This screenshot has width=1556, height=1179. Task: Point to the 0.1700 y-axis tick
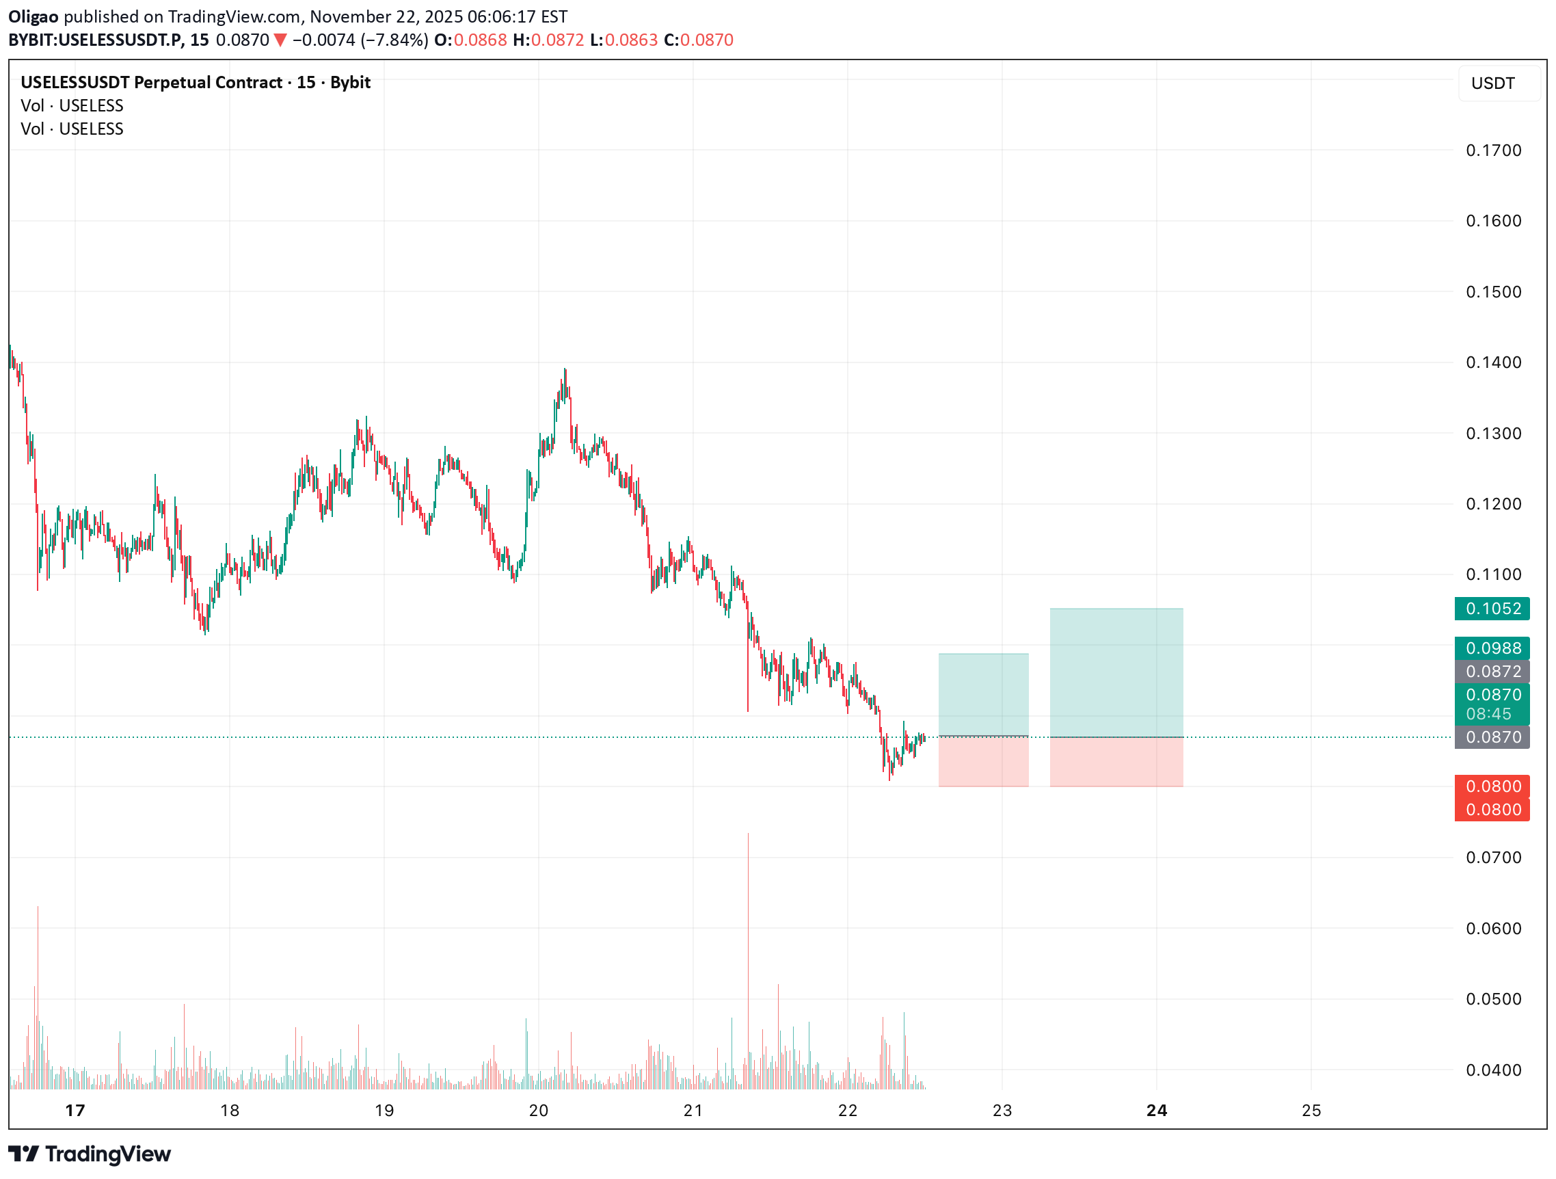pyautogui.click(x=1492, y=150)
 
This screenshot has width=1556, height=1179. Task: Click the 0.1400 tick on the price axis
pyautogui.click(x=1492, y=362)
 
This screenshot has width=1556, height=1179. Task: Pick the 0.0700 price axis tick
pyautogui.click(x=1492, y=858)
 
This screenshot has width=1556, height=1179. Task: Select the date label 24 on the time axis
pyautogui.click(x=1157, y=1110)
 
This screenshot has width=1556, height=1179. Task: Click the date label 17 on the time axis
pyautogui.click(x=75, y=1110)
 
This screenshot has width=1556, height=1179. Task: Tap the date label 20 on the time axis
pyautogui.click(x=538, y=1110)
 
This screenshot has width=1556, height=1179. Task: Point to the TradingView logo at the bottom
pyautogui.click(x=90, y=1154)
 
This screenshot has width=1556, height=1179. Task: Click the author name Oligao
pyautogui.click(x=33, y=16)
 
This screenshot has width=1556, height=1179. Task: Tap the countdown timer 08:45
pyautogui.click(x=1488, y=714)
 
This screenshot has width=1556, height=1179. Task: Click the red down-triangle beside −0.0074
pyautogui.click(x=280, y=40)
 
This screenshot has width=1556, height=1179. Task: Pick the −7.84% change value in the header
pyautogui.click(x=394, y=40)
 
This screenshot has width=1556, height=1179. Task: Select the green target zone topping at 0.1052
pyautogui.click(x=1116, y=672)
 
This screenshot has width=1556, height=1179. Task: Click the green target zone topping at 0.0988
pyautogui.click(x=983, y=694)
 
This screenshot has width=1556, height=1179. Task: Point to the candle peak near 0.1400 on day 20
pyautogui.click(x=565, y=371)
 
